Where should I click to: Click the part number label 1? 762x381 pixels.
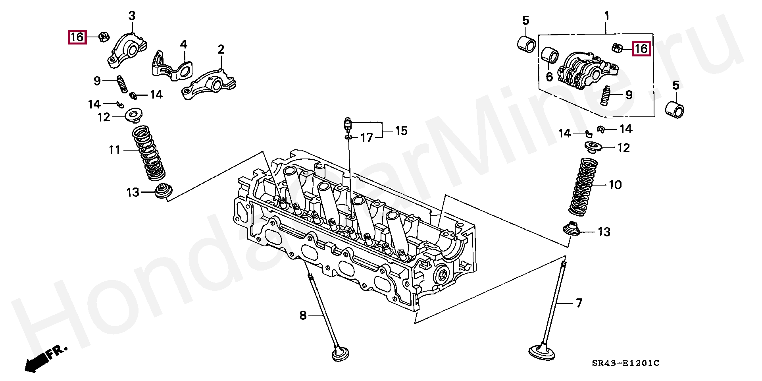(606, 16)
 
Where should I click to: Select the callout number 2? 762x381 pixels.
(221, 50)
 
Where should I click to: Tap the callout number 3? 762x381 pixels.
(132, 16)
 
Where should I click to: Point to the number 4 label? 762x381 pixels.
(183, 44)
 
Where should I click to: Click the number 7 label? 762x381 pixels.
(579, 303)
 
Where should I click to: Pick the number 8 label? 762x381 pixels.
(303, 315)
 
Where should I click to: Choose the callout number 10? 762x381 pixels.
(615, 185)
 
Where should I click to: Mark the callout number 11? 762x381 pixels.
(114, 150)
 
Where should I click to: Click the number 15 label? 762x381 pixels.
(401, 131)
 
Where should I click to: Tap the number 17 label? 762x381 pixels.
(367, 138)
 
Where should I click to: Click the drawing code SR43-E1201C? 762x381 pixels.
(625, 363)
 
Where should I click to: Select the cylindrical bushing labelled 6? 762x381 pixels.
(550, 55)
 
